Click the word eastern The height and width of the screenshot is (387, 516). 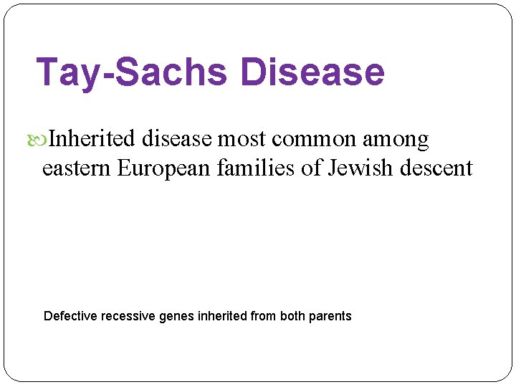[x=77, y=168]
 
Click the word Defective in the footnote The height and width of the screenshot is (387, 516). [x=71, y=316]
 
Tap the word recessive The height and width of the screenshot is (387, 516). [x=126, y=316]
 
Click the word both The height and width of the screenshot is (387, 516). [x=292, y=316]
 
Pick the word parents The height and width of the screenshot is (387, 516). [x=330, y=317]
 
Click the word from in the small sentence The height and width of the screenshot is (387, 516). [x=263, y=316]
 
